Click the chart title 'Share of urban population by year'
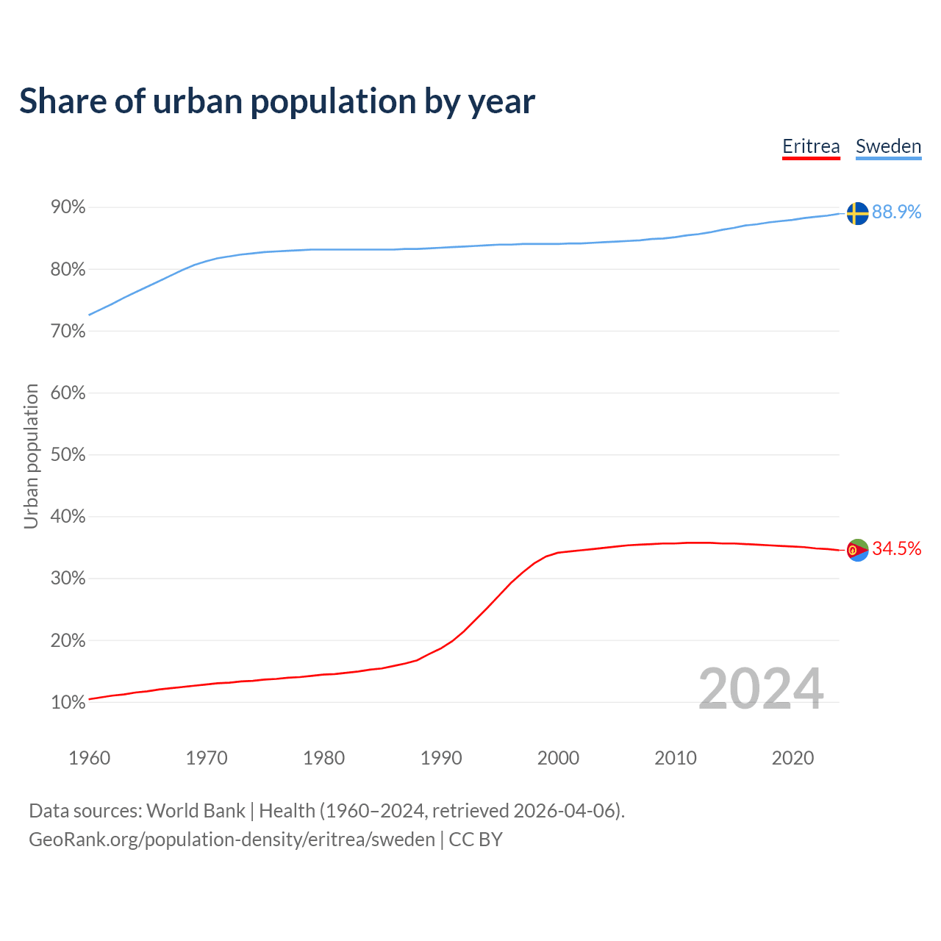point(277,101)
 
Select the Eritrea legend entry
point(811,146)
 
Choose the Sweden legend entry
point(888,146)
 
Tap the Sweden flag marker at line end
point(857,213)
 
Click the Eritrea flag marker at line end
point(857,549)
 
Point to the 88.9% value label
point(896,212)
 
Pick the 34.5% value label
point(896,548)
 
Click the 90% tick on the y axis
point(68,207)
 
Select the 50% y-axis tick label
point(68,455)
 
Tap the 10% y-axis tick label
point(68,702)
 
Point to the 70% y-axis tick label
point(68,332)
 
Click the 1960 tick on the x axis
point(89,758)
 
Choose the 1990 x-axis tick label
point(441,758)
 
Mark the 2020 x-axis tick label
point(792,758)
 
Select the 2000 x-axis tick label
point(558,758)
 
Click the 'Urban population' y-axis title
point(31,456)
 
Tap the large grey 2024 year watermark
point(761,689)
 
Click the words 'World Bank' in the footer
point(196,811)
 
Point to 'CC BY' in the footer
point(476,840)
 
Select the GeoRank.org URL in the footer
point(232,840)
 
